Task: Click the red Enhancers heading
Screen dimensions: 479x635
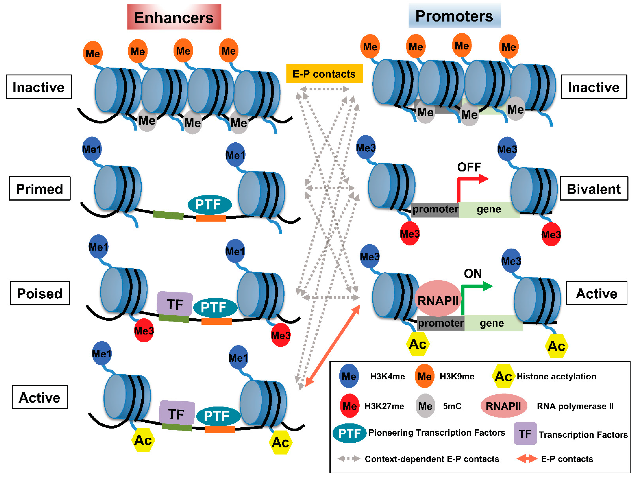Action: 174,17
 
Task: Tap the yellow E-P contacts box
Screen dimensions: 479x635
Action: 324,74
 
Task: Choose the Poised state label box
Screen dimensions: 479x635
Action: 40,293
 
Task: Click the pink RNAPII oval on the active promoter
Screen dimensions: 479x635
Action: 438,300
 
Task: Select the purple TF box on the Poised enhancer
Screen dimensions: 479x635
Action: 175,303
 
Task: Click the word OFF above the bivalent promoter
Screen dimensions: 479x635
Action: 469,167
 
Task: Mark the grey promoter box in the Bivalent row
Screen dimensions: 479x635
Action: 435,209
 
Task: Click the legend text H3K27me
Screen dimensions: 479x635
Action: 384,406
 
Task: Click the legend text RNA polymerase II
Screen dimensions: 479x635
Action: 575,406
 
